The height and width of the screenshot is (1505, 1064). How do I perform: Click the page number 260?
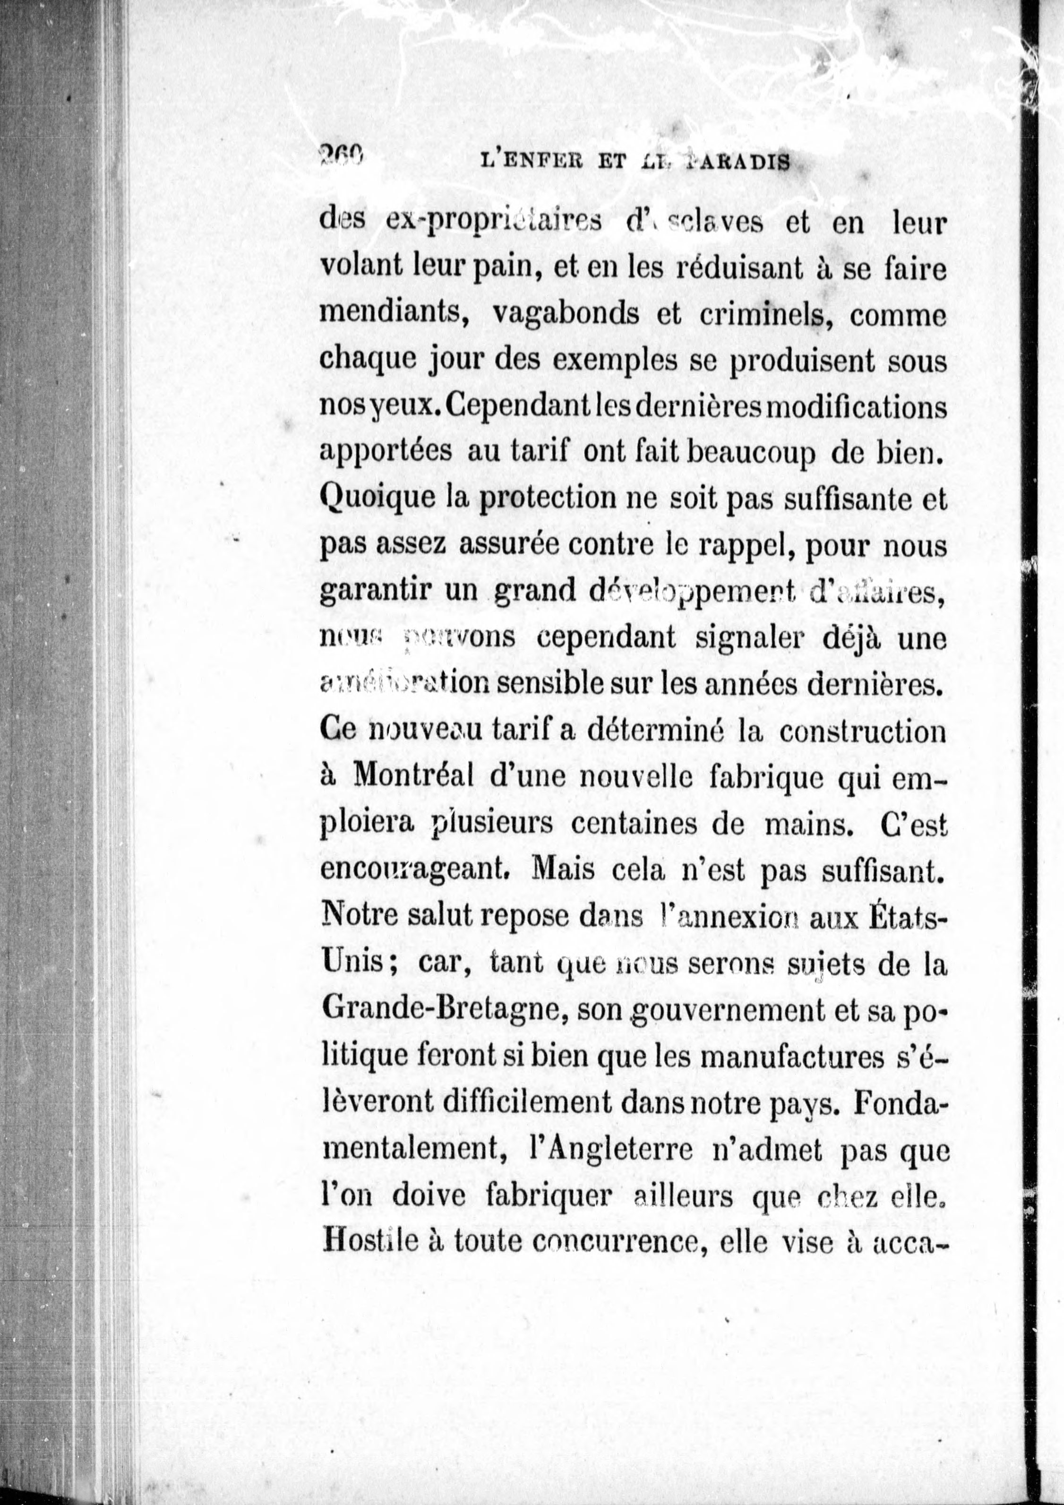341,157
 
